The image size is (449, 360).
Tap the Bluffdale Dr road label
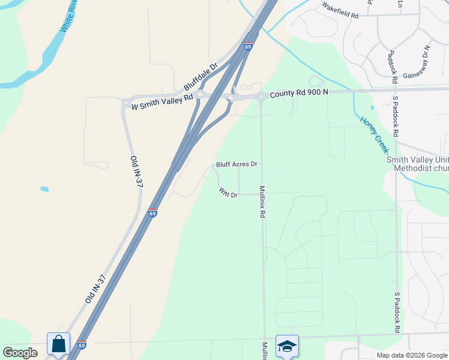click(200, 78)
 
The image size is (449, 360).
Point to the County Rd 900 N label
click(299, 93)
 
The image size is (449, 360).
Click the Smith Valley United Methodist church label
click(417, 164)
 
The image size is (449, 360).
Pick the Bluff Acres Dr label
click(237, 164)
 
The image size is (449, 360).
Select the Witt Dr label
click(229, 194)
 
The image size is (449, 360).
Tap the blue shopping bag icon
click(58, 344)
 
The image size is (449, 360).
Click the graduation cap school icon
click(287, 346)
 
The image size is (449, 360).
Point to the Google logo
click(20, 353)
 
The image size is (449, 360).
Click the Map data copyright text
click(412, 355)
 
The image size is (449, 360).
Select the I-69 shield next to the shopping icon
click(82, 345)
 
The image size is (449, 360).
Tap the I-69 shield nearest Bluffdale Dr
click(248, 46)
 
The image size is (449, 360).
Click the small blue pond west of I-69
click(44, 189)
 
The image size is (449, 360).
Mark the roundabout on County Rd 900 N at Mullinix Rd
click(262, 96)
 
